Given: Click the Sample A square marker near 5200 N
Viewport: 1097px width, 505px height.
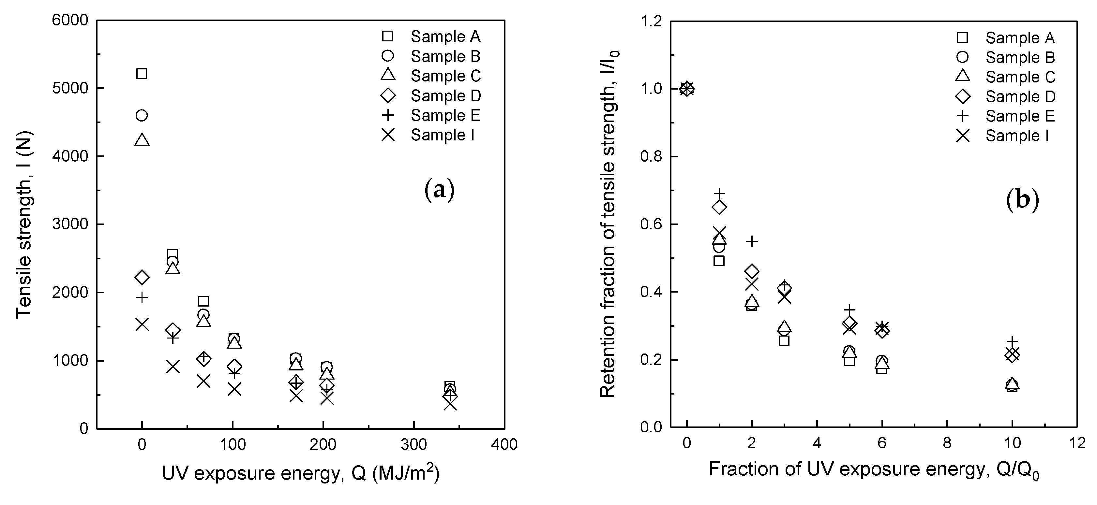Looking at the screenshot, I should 142,74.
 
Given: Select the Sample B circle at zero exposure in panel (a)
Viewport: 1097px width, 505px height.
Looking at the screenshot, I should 142,115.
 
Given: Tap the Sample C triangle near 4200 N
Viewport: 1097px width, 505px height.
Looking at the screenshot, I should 142,139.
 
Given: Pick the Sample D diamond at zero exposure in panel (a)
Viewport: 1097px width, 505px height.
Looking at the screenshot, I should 142,277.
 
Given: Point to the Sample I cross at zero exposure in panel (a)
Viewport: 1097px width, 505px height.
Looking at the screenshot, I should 142,324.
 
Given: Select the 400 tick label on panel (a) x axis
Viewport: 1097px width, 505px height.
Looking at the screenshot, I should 504,445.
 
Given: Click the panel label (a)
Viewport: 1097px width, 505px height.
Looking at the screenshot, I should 440,191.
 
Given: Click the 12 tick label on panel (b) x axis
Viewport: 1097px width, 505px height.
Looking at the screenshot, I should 1077,443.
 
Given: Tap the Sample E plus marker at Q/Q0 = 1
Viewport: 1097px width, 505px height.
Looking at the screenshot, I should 719,193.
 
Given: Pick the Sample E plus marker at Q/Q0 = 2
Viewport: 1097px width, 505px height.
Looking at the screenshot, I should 752,241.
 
